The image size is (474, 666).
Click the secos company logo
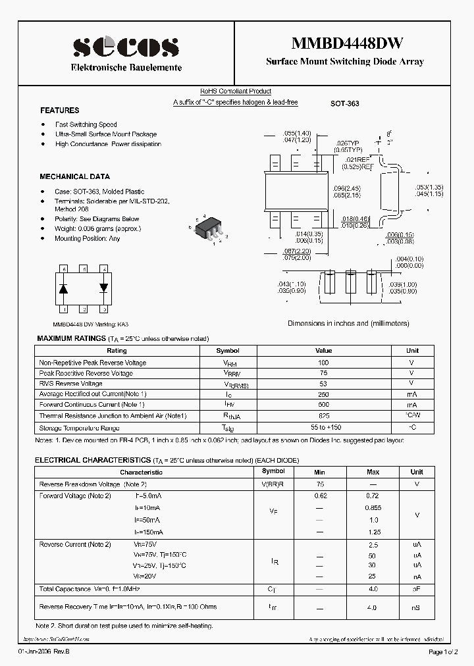pyautogui.click(x=126, y=47)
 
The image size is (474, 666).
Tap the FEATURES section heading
pyautogui.click(x=59, y=111)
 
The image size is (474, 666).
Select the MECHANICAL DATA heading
pyautogui.click(x=74, y=176)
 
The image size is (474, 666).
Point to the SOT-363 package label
pyautogui.click(x=344, y=104)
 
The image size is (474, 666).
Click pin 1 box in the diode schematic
pyautogui.click(x=64, y=309)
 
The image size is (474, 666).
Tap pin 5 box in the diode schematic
pyautogui.click(x=84, y=269)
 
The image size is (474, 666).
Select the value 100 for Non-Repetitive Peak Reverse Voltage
pyautogui.click(x=323, y=363)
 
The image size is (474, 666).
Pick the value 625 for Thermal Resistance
pyautogui.click(x=323, y=416)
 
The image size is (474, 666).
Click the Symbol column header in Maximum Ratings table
pyautogui.click(x=228, y=351)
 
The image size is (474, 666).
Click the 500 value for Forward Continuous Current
pyautogui.click(x=323, y=405)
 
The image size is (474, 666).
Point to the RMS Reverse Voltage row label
pyautogui.click(x=70, y=384)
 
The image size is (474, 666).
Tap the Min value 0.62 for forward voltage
pyautogui.click(x=320, y=496)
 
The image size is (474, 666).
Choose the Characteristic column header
pyautogui.click(x=141, y=472)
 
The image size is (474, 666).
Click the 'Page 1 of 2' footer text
pyautogui.click(x=444, y=652)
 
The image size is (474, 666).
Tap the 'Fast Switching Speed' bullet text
pyautogui.click(x=86, y=124)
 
